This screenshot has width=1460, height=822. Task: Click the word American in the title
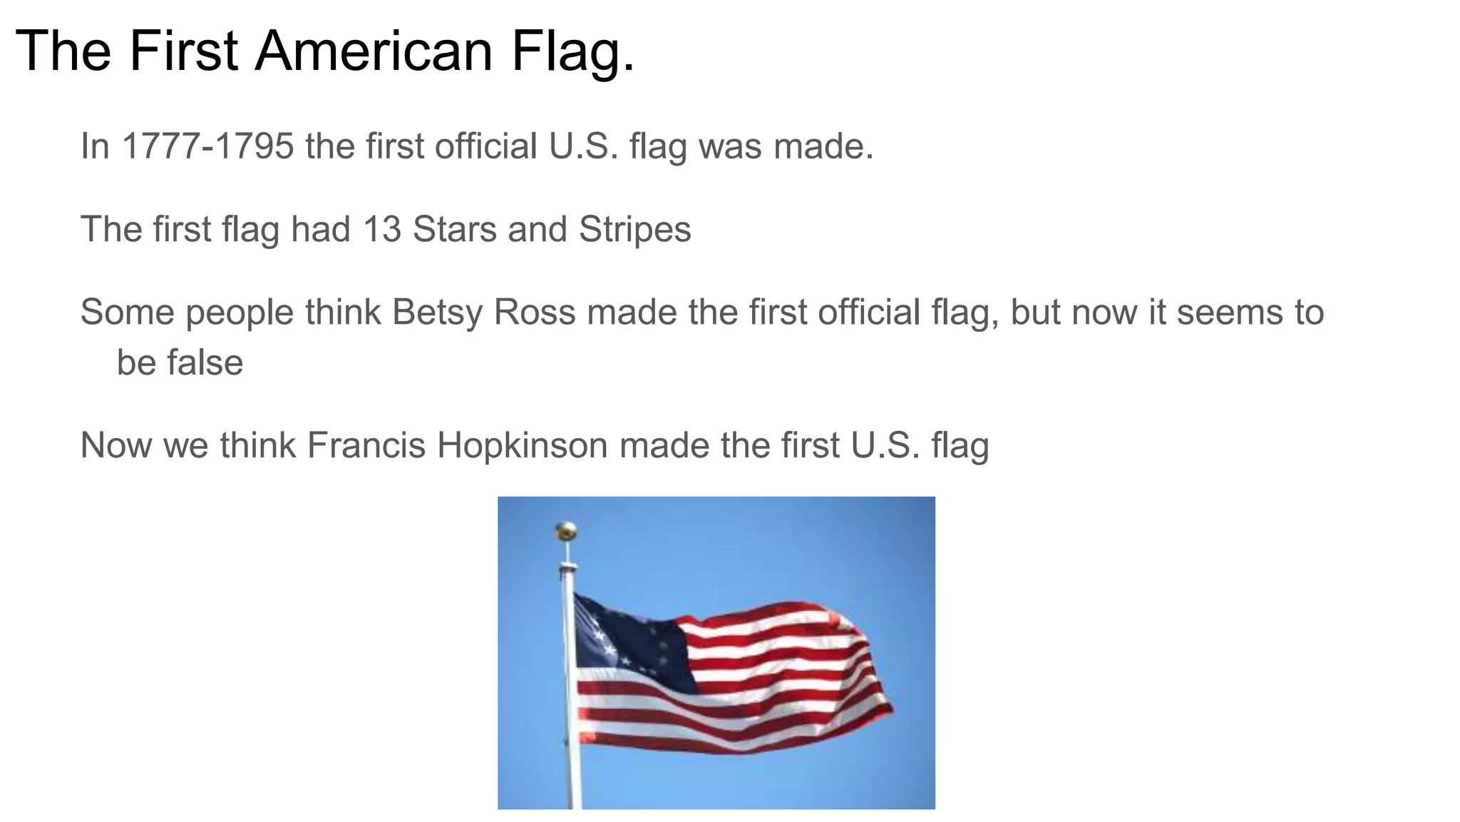pos(374,51)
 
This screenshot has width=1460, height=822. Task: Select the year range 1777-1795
pos(207,146)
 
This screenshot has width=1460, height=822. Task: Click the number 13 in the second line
pos(381,230)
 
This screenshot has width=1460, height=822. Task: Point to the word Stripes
pos(634,230)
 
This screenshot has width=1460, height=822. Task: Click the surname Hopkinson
pos(522,445)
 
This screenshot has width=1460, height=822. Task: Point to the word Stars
pos(454,230)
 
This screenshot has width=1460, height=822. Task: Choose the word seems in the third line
pos(1225,313)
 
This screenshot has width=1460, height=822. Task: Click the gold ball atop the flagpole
pos(566,530)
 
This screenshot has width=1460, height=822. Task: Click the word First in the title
pos(183,51)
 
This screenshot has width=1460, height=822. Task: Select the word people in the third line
pos(239,313)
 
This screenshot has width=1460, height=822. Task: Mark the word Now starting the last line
pos(115,445)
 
